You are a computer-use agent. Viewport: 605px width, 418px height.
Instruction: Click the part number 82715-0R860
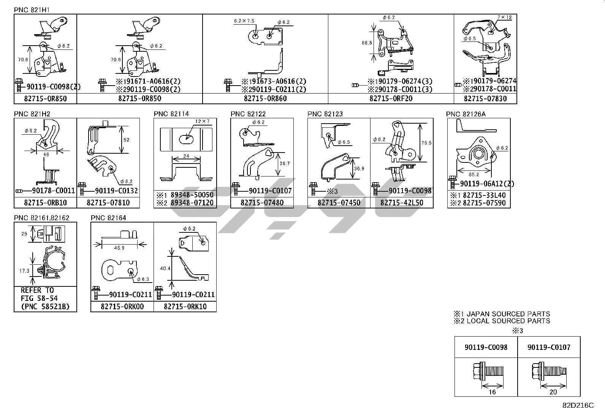265,99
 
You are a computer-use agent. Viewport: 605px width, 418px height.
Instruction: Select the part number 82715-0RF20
391,99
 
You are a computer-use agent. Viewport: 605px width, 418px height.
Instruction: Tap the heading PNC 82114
171,114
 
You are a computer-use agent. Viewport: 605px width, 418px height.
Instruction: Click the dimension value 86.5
366,43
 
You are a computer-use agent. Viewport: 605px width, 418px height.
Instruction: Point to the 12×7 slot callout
202,121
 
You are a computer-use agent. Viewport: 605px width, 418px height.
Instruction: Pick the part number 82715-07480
262,203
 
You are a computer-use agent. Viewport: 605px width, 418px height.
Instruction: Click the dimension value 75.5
426,143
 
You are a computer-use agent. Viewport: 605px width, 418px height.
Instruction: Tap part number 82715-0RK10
185,307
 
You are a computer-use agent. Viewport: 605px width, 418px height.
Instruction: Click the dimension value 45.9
119,248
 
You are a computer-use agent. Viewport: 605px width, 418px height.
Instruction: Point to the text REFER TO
37,290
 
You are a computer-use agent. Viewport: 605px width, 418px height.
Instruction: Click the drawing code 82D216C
578,405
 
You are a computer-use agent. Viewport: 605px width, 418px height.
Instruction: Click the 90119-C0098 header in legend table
486,347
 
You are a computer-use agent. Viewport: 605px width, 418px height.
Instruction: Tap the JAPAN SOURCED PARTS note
502,314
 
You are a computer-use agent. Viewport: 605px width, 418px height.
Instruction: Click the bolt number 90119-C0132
116,191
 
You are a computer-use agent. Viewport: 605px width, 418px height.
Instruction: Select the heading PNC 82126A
466,114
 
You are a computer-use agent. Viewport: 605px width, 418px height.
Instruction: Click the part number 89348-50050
192,195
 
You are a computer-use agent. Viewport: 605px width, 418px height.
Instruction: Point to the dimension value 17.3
24,271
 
